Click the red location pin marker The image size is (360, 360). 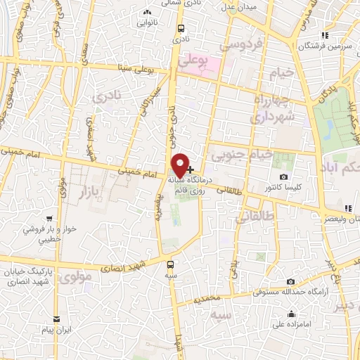point(180,165)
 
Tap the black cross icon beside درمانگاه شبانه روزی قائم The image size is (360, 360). point(191,169)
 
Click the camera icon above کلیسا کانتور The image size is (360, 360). point(283,177)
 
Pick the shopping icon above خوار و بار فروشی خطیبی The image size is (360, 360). point(49,219)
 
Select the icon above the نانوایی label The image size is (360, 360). point(147,12)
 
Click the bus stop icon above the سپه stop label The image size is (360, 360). point(170,264)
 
